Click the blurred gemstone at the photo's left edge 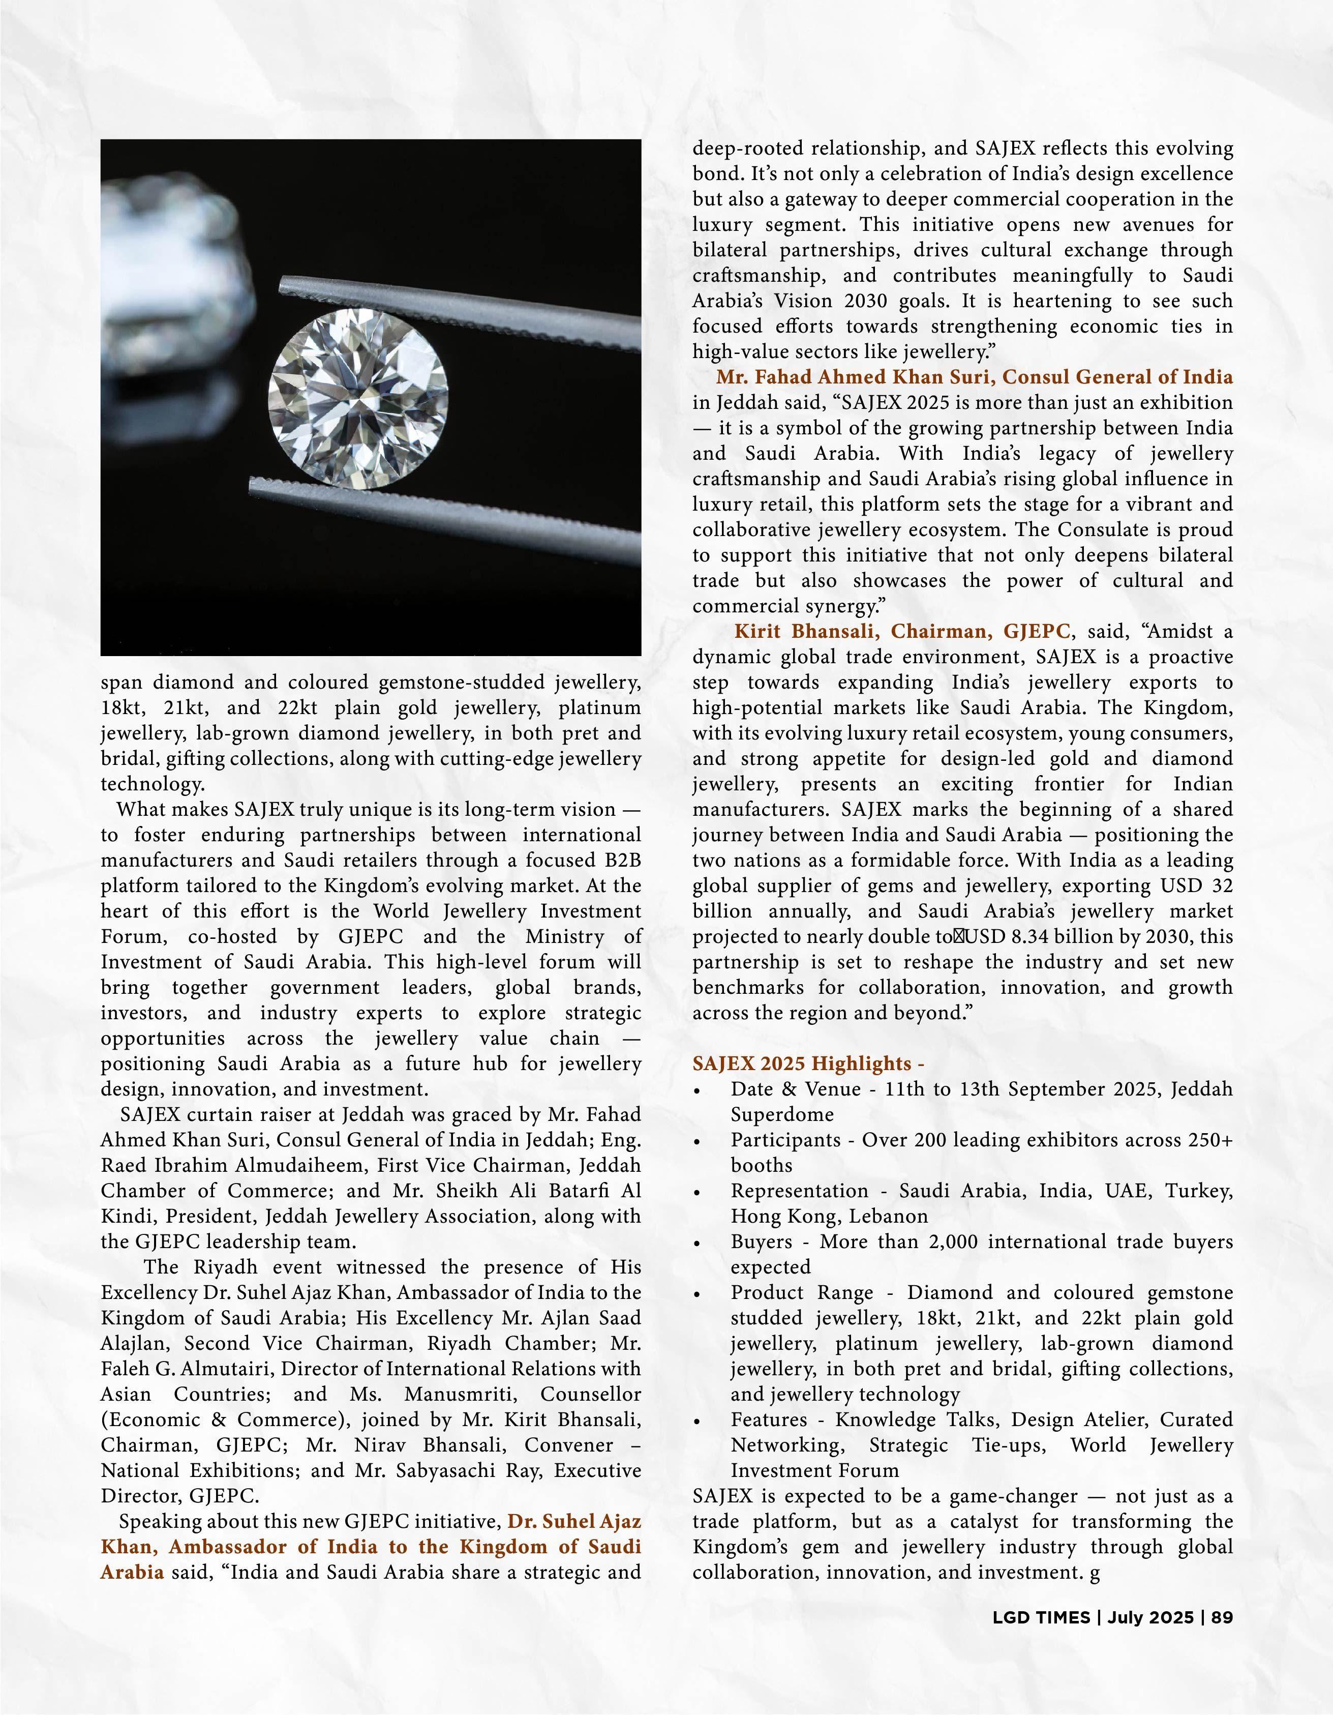[169, 259]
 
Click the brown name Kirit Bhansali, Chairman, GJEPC [902, 631]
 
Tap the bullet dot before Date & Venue [697, 1091]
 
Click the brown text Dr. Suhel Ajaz [574, 1521]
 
